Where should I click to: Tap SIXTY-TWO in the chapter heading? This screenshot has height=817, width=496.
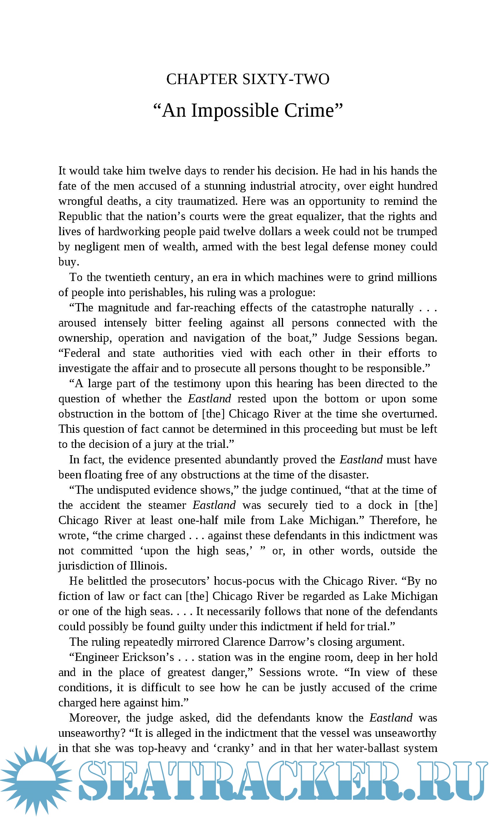pos(286,79)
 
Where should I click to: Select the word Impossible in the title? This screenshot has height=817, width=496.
pos(235,110)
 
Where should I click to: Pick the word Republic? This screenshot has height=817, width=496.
pos(80,217)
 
